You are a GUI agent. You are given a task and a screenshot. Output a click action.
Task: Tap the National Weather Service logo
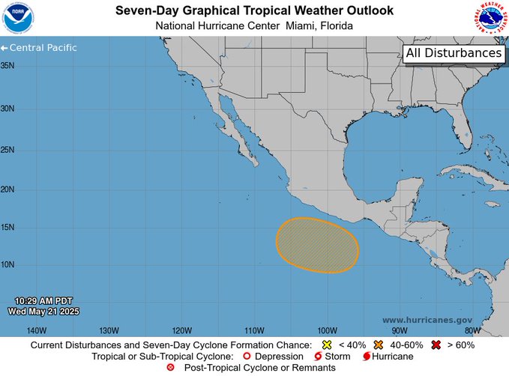click(490, 18)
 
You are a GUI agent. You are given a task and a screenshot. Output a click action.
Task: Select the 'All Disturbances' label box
click(454, 54)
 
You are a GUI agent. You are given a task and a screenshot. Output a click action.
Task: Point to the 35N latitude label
click(8, 66)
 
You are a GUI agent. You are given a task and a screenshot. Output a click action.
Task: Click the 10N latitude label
click(8, 264)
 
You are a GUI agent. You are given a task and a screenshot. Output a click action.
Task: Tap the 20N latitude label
click(8, 189)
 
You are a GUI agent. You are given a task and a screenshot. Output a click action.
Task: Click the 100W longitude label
click(327, 330)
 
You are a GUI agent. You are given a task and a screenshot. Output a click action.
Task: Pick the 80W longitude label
click(472, 330)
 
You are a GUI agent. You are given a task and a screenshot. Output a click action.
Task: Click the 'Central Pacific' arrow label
click(39, 48)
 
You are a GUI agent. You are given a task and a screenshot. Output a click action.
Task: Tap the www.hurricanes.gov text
click(427, 319)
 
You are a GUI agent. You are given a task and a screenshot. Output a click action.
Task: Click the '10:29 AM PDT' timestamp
click(43, 300)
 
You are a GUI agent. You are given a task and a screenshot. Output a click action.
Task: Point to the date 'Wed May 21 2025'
click(43, 311)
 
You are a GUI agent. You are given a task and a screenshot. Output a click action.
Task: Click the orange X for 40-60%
click(379, 345)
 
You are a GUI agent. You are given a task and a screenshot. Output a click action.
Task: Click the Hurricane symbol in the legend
click(367, 357)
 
